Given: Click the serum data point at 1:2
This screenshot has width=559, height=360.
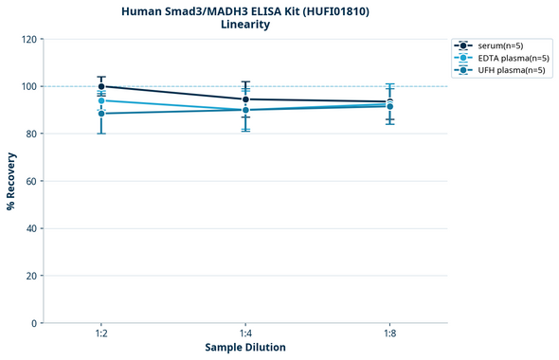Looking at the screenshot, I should [x=101, y=86].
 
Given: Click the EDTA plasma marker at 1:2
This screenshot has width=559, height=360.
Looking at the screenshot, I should [x=101, y=100].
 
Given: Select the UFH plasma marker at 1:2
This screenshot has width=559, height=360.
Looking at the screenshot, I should [x=101, y=114].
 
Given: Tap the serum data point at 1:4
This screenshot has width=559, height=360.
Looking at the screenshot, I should [x=245, y=99].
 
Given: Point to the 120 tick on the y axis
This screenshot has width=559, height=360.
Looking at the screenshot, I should [x=28, y=39].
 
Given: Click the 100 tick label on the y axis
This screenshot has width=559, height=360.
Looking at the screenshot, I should [x=28, y=86].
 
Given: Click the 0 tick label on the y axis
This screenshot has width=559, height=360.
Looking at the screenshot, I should [x=34, y=323].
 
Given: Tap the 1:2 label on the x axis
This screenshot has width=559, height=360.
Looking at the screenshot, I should [x=101, y=333].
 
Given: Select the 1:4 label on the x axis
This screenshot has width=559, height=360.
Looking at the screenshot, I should [x=245, y=333].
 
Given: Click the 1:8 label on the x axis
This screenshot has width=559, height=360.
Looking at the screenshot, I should [x=389, y=333].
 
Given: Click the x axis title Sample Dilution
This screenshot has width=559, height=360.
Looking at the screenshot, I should [x=245, y=348].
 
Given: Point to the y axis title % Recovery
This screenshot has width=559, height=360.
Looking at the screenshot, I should [x=11, y=181].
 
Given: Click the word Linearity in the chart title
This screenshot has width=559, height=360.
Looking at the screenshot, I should [x=245, y=25].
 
